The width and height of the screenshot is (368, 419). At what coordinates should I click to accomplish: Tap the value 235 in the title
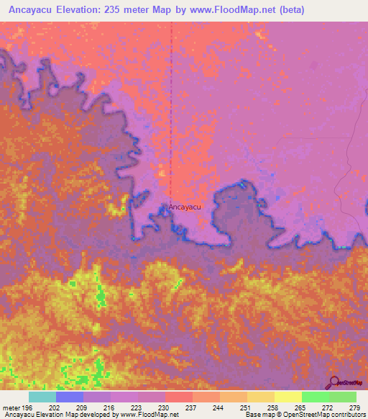pos(124,10)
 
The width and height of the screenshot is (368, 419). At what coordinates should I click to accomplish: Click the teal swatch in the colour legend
pos(42,397)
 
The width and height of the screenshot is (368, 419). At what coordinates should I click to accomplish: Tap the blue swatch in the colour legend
pos(69,397)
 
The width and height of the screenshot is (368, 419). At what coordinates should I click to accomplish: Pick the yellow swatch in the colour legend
pos(287,397)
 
